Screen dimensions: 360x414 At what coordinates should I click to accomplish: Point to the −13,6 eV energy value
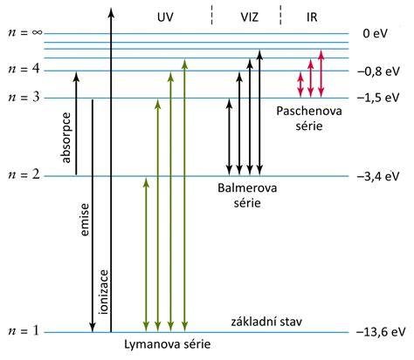(382, 333)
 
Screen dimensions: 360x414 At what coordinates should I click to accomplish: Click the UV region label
(166, 16)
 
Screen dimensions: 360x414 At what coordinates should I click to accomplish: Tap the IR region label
(311, 16)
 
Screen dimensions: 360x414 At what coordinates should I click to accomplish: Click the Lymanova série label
(167, 344)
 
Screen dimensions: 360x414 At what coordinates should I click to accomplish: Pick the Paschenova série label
(303, 119)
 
